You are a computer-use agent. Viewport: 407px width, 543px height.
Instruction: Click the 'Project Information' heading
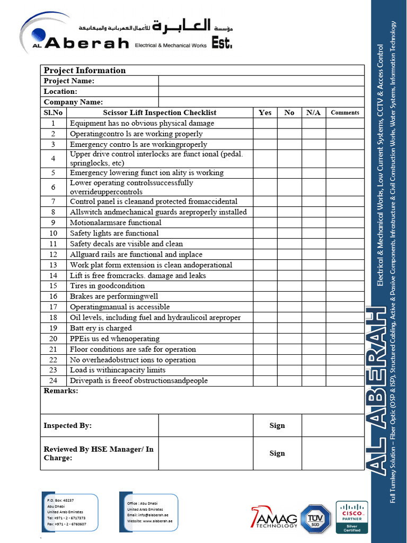click(85, 71)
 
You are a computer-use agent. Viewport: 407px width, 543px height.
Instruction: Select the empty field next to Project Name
click(261, 81)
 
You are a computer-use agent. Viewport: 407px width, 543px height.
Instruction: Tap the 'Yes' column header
click(265, 112)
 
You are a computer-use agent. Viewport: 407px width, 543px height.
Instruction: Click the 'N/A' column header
click(313, 112)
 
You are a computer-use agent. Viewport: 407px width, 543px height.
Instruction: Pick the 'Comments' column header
click(345, 112)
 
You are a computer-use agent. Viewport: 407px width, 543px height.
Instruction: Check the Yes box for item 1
click(265, 123)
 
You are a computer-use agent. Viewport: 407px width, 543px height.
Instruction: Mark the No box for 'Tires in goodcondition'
click(289, 286)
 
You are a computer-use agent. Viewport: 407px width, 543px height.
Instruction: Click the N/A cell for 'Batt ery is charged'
click(313, 328)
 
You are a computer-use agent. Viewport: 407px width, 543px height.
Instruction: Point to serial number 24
click(53, 381)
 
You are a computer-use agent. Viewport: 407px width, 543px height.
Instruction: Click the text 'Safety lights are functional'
click(114, 233)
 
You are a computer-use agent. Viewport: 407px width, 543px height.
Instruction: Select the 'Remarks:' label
click(61, 391)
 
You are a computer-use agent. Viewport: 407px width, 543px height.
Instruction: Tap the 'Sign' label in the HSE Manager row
click(277, 453)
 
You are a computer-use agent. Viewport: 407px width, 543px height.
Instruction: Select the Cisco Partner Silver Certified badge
click(352, 516)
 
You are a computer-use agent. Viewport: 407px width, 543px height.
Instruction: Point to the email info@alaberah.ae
click(148, 515)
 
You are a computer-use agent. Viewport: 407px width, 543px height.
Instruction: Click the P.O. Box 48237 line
click(60, 500)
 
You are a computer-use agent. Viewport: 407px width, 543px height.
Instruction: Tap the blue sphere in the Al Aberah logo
click(38, 36)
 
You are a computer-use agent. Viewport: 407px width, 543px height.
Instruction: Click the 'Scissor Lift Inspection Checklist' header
click(160, 112)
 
